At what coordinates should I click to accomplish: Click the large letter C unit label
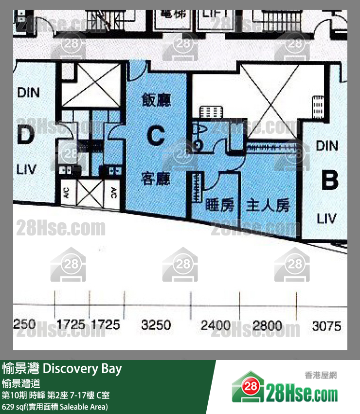[156, 136]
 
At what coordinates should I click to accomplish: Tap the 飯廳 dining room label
[156, 100]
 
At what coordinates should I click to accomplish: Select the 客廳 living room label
[156, 179]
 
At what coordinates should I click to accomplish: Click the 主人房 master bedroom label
[268, 205]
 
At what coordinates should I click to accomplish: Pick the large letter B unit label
[329, 180]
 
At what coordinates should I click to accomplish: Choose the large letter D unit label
[25, 136]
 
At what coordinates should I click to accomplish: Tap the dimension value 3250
[156, 324]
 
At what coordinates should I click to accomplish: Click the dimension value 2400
[216, 325]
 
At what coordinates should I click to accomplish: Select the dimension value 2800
[268, 325]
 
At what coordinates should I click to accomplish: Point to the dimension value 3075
[326, 325]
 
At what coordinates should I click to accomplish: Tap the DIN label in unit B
[327, 145]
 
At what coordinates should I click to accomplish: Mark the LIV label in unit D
[27, 169]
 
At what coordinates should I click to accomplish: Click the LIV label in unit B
[326, 218]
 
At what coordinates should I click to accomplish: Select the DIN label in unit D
[28, 92]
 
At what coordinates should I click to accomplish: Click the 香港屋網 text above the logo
[321, 375]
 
